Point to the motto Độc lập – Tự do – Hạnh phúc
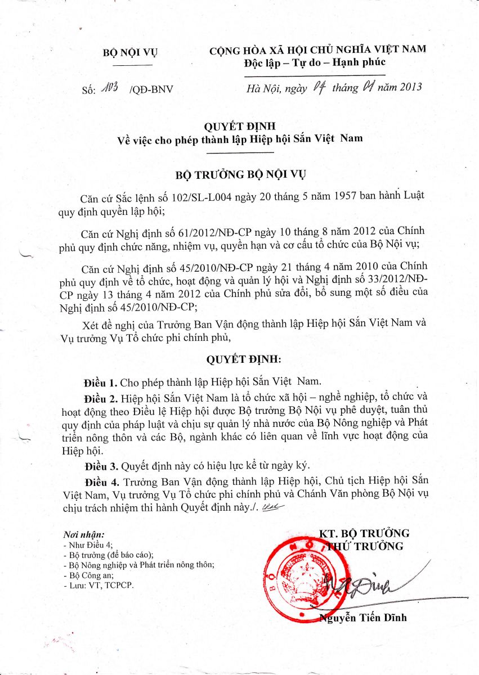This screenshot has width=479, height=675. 315,62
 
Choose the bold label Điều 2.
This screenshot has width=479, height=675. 101,399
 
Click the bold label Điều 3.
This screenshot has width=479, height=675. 101,466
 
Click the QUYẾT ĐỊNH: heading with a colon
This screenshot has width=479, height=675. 243,359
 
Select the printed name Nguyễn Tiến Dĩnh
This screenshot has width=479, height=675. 363,618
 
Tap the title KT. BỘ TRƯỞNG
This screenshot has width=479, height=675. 364,533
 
